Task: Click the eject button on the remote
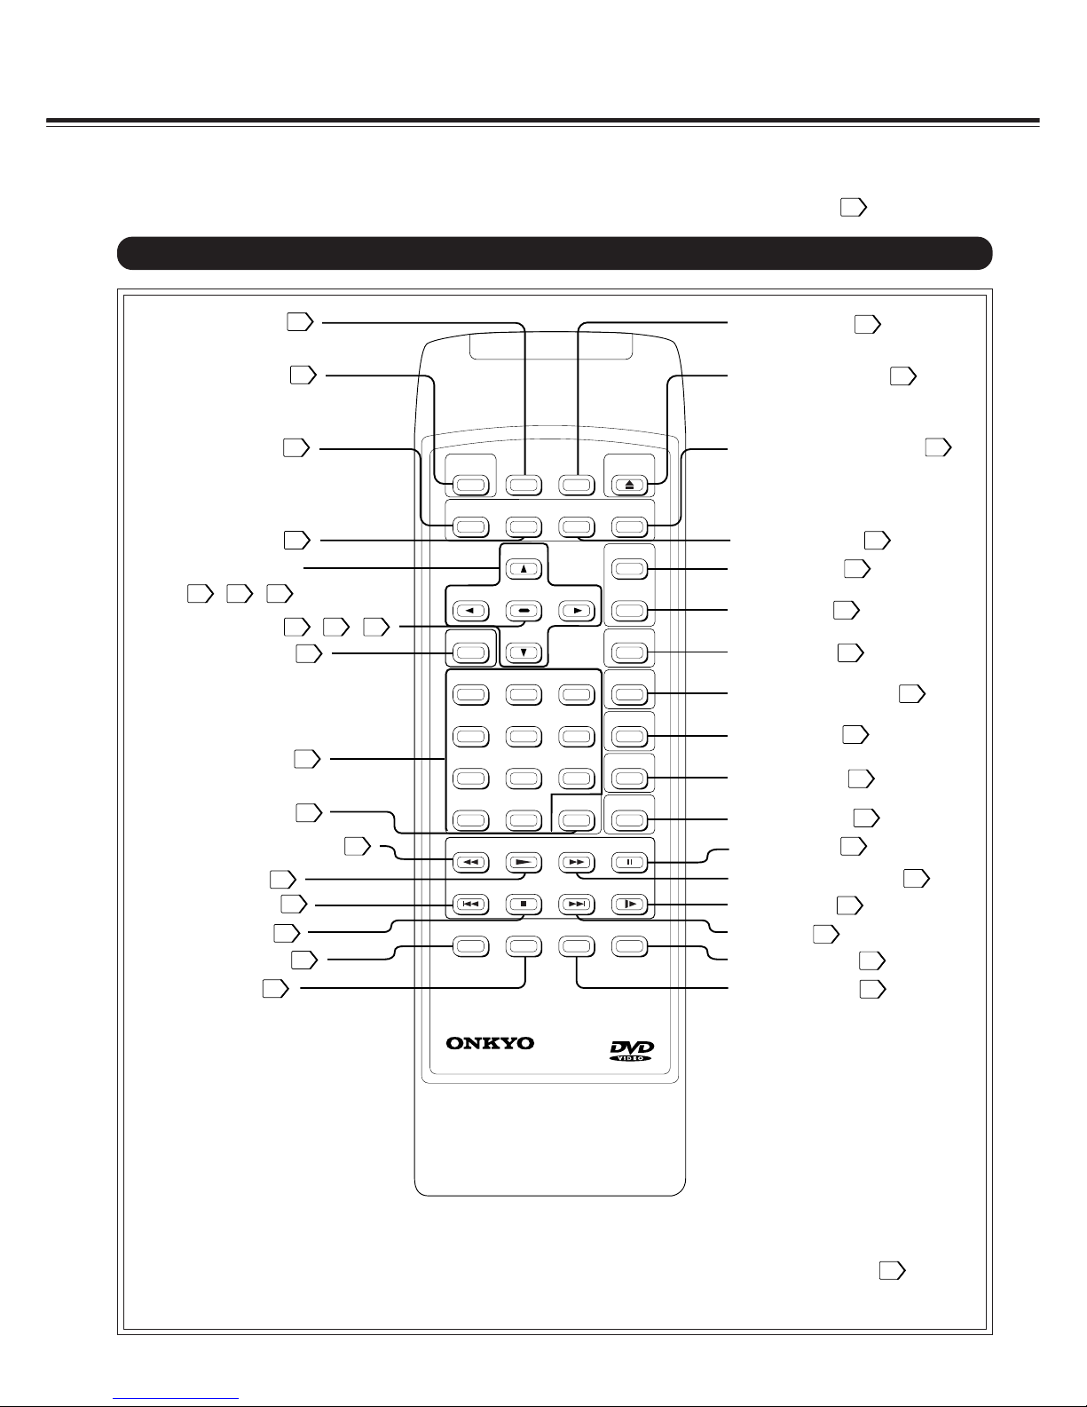coord(629,485)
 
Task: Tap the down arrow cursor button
coord(524,652)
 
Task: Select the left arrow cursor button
coord(470,611)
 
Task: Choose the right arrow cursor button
coord(577,611)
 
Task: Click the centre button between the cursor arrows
coord(524,611)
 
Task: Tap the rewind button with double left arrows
coord(470,863)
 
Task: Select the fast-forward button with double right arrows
coord(577,863)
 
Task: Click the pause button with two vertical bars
coord(629,863)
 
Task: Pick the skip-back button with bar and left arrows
coord(470,904)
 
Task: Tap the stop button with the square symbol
coord(524,904)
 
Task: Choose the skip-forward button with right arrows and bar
coord(577,904)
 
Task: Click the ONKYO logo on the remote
coord(490,1043)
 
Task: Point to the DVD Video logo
coord(631,1050)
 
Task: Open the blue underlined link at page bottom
coord(176,1399)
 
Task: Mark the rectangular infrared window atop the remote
coord(551,347)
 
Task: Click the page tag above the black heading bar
coord(854,207)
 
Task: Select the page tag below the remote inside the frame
coord(893,1271)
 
